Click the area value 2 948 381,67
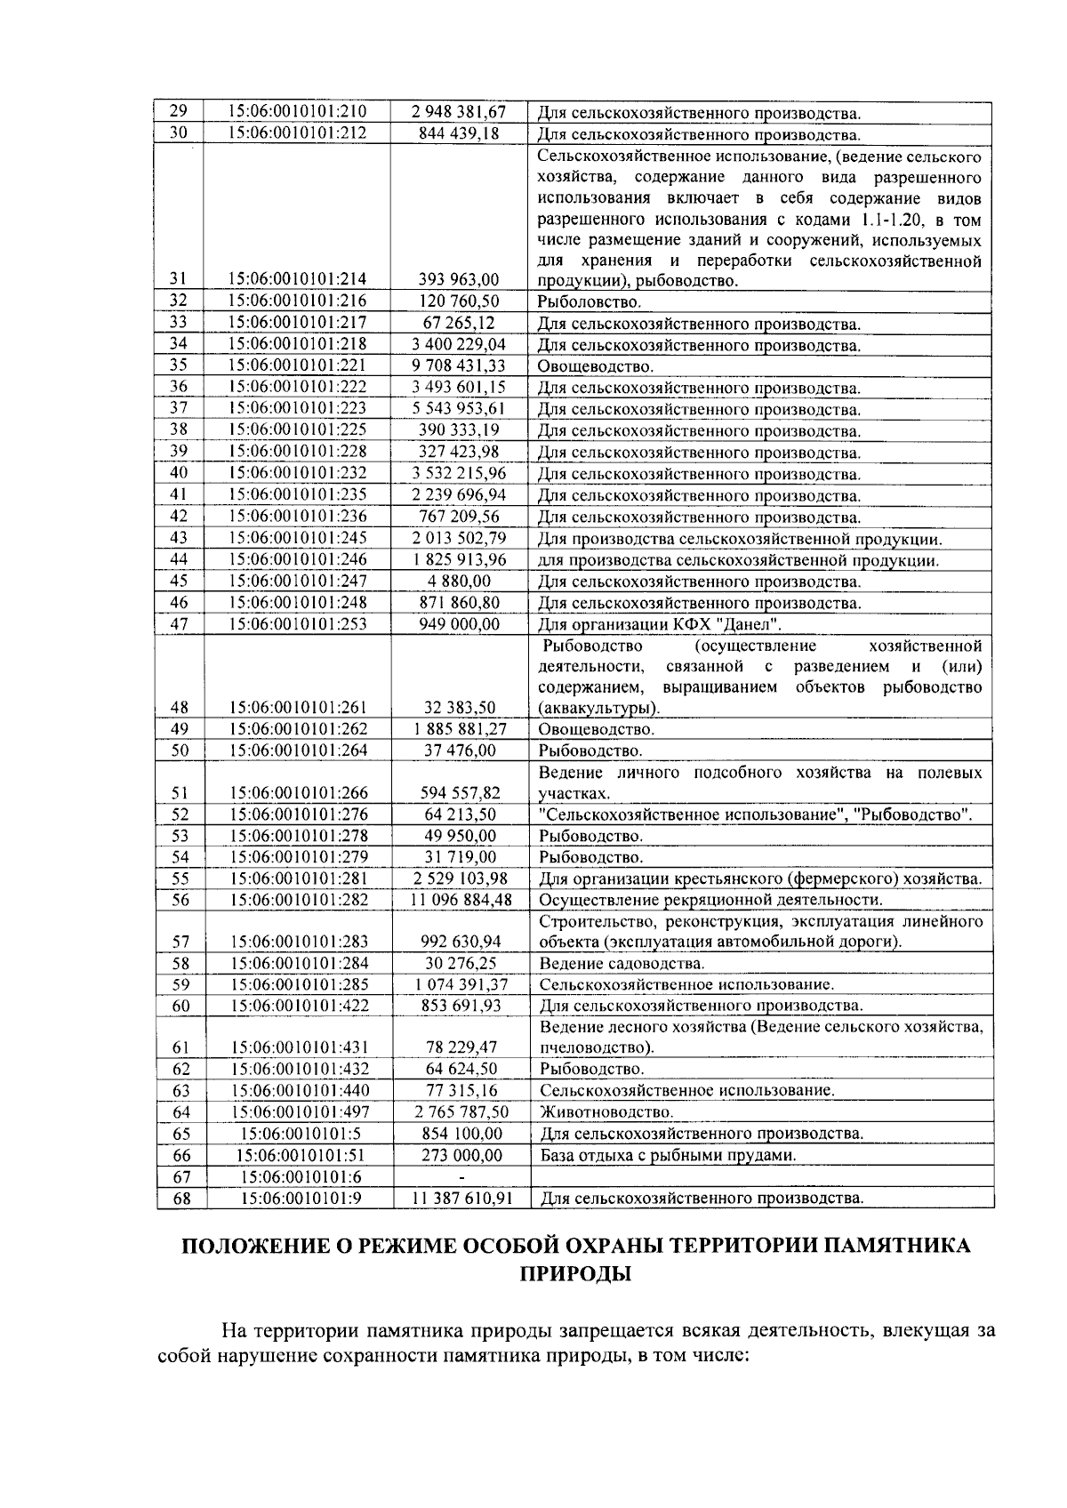pyautogui.click(x=459, y=112)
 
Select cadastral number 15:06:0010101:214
pyautogui.click(x=298, y=279)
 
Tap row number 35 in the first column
pyautogui.click(x=179, y=365)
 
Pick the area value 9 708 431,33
pyautogui.click(x=459, y=365)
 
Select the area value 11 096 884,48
pyautogui.click(x=461, y=900)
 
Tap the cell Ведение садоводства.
pyautogui.click(x=622, y=964)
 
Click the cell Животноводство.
pyautogui.click(x=606, y=1112)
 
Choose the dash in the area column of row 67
pyautogui.click(x=461, y=1177)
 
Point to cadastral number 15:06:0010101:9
pyautogui.click(x=300, y=1198)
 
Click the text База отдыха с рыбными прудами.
pyautogui.click(x=668, y=1155)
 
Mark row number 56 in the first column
pyautogui.click(x=181, y=900)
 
